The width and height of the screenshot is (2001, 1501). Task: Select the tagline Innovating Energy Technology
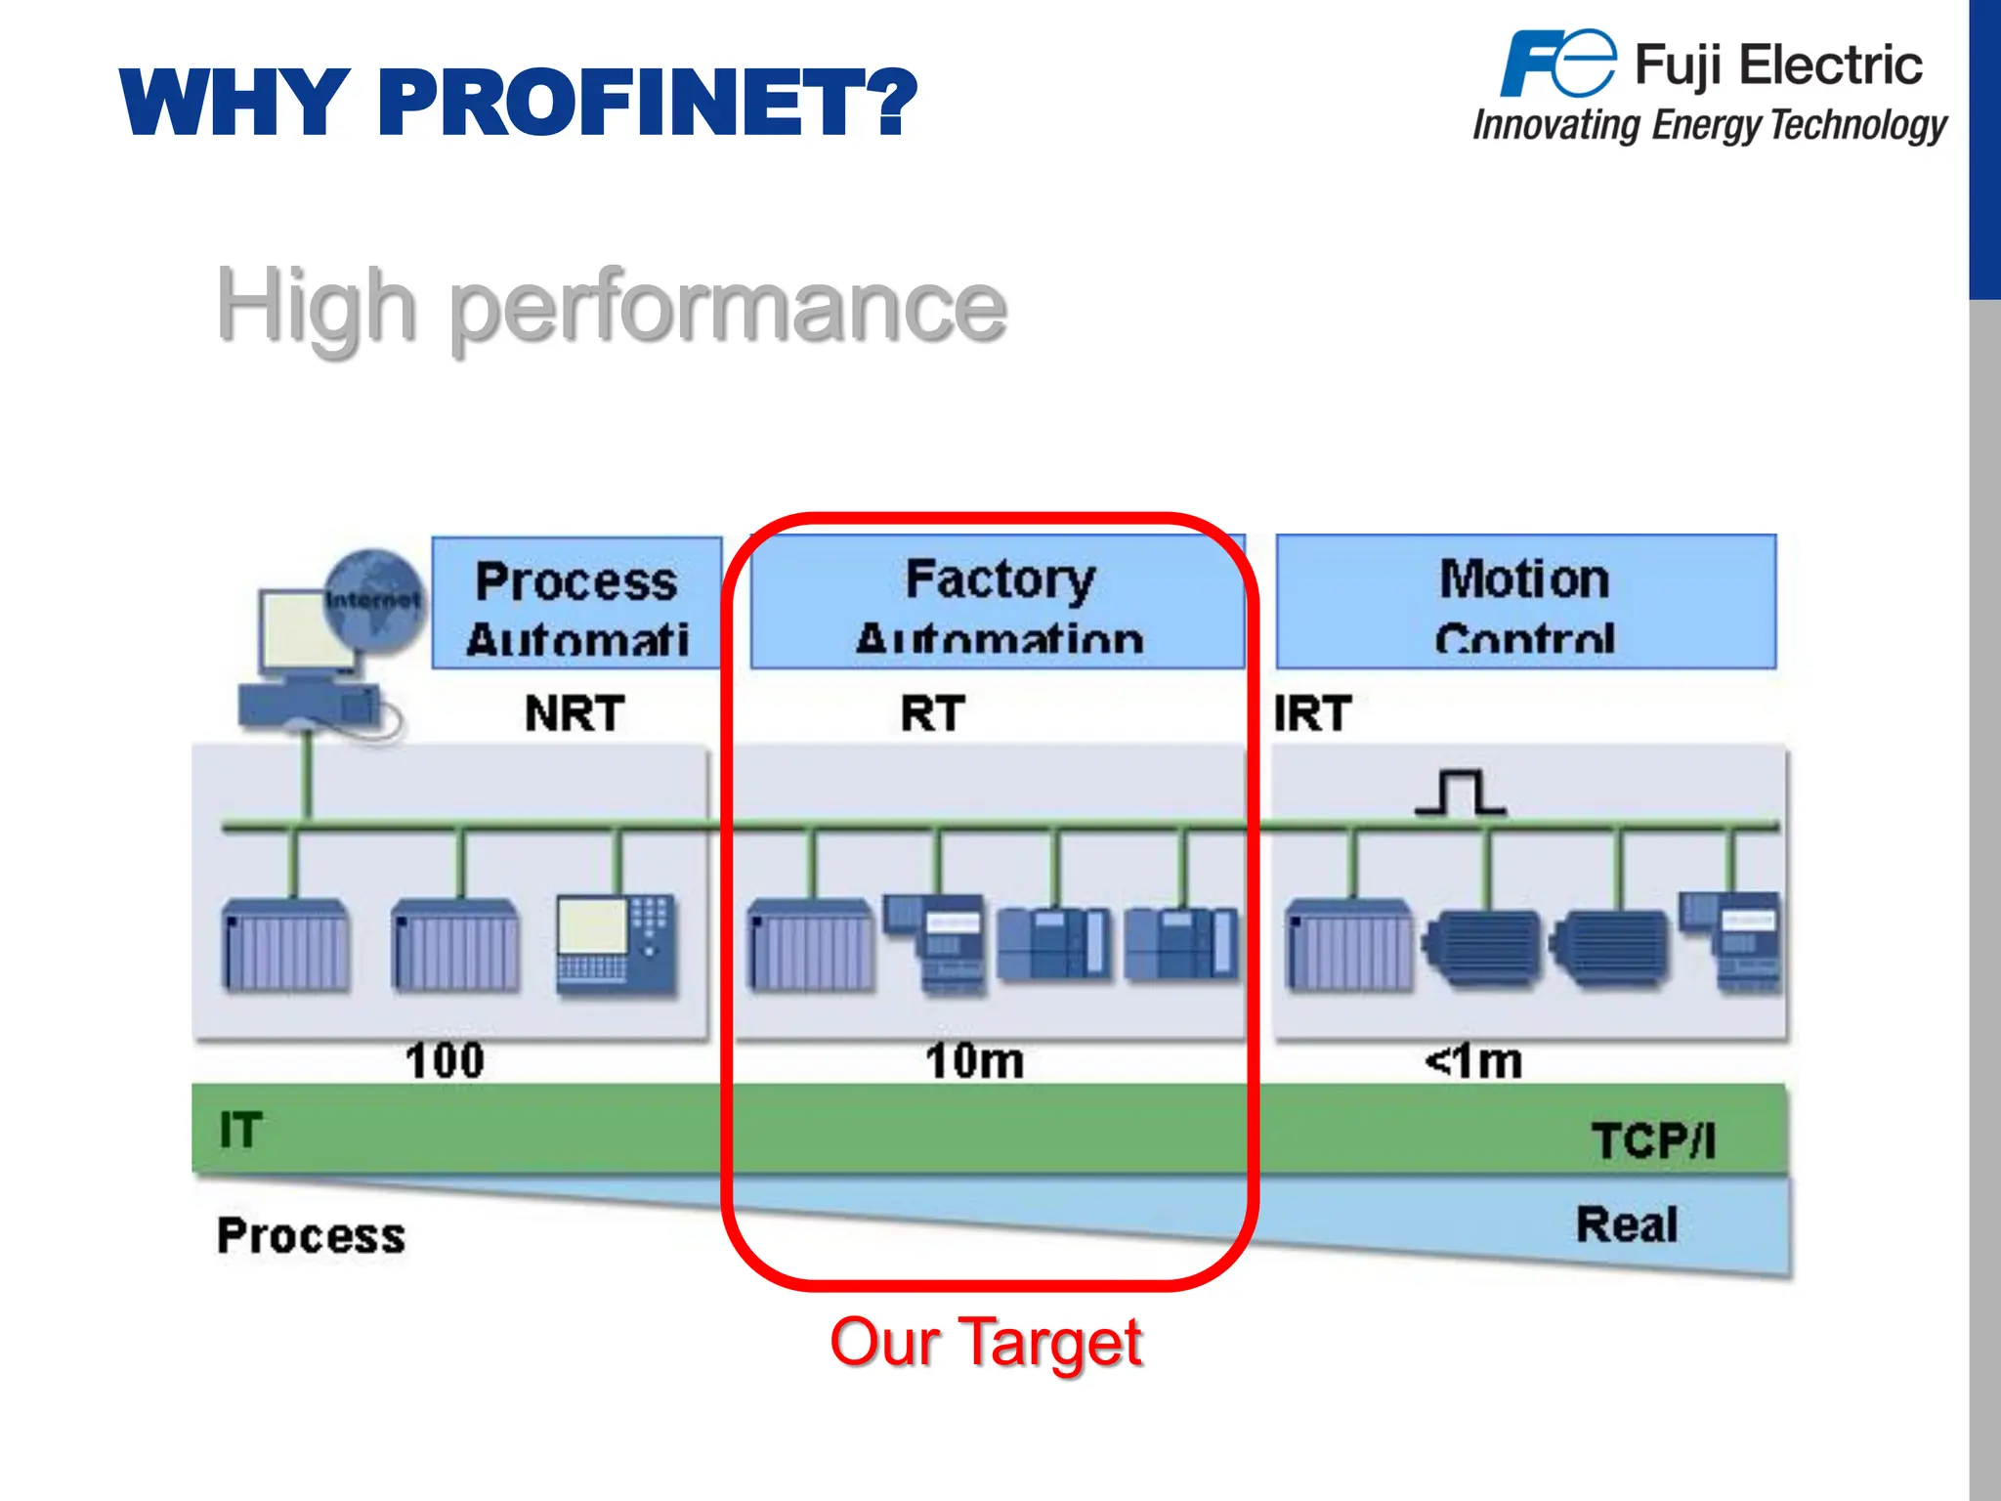(x=1710, y=125)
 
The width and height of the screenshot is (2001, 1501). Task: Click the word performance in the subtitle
(x=728, y=307)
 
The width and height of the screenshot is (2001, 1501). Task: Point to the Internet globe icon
(x=373, y=598)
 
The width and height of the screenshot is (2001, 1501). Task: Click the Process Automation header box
(x=576, y=603)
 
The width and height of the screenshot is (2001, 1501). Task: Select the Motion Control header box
(x=1525, y=602)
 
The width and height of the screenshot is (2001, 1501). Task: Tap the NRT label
(x=575, y=713)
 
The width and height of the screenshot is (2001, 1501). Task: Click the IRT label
(x=1312, y=713)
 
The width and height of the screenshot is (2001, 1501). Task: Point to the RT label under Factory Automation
(x=932, y=713)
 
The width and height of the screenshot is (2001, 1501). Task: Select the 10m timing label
(x=974, y=1061)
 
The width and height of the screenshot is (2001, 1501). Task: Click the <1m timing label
(x=1473, y=1061)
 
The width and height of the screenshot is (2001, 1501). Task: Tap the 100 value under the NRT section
(x=445, y=1061)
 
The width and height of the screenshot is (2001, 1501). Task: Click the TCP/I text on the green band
(x=1653, y=1140)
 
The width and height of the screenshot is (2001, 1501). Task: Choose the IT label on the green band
(x=240, y=1131)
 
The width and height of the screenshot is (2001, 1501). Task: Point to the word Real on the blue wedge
(x=1626, y=1224)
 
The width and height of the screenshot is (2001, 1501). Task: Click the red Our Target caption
(x=985, y=1343)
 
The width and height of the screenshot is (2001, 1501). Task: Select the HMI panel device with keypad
(x=616, y=944)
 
